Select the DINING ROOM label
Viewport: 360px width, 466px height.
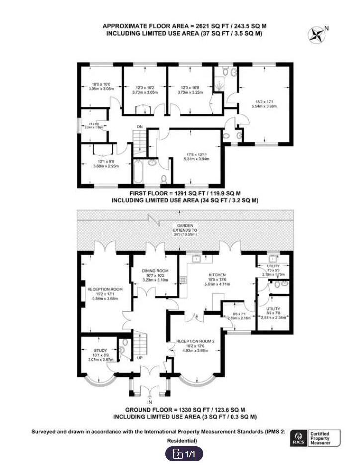[155, 271]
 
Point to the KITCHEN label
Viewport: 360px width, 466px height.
[217, 275]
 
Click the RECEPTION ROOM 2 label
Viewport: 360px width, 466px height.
[195, 341]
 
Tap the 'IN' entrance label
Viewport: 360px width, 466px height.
[149, 401]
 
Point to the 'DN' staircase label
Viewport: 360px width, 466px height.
[140, 127]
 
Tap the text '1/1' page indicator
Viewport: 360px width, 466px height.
[190, 454]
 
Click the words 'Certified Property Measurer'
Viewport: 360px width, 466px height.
[324, 438]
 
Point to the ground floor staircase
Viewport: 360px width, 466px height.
[142, 342]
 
